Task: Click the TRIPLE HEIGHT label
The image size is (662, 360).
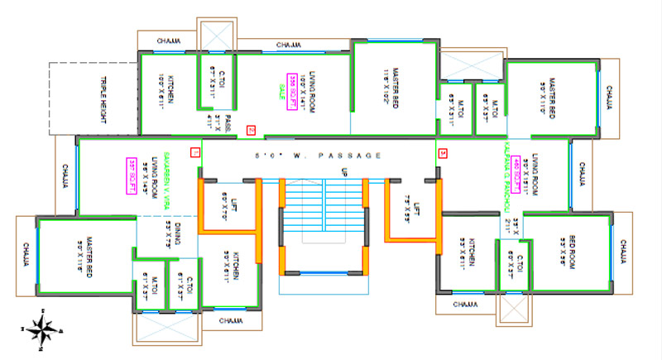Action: point(104,98)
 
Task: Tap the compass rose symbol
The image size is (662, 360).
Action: point(39,329)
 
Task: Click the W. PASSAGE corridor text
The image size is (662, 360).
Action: point(319,155)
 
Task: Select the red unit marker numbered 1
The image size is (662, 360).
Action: point(195,152)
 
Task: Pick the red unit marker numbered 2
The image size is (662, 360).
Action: point(251,128)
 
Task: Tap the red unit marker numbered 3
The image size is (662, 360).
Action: point(442,153)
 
